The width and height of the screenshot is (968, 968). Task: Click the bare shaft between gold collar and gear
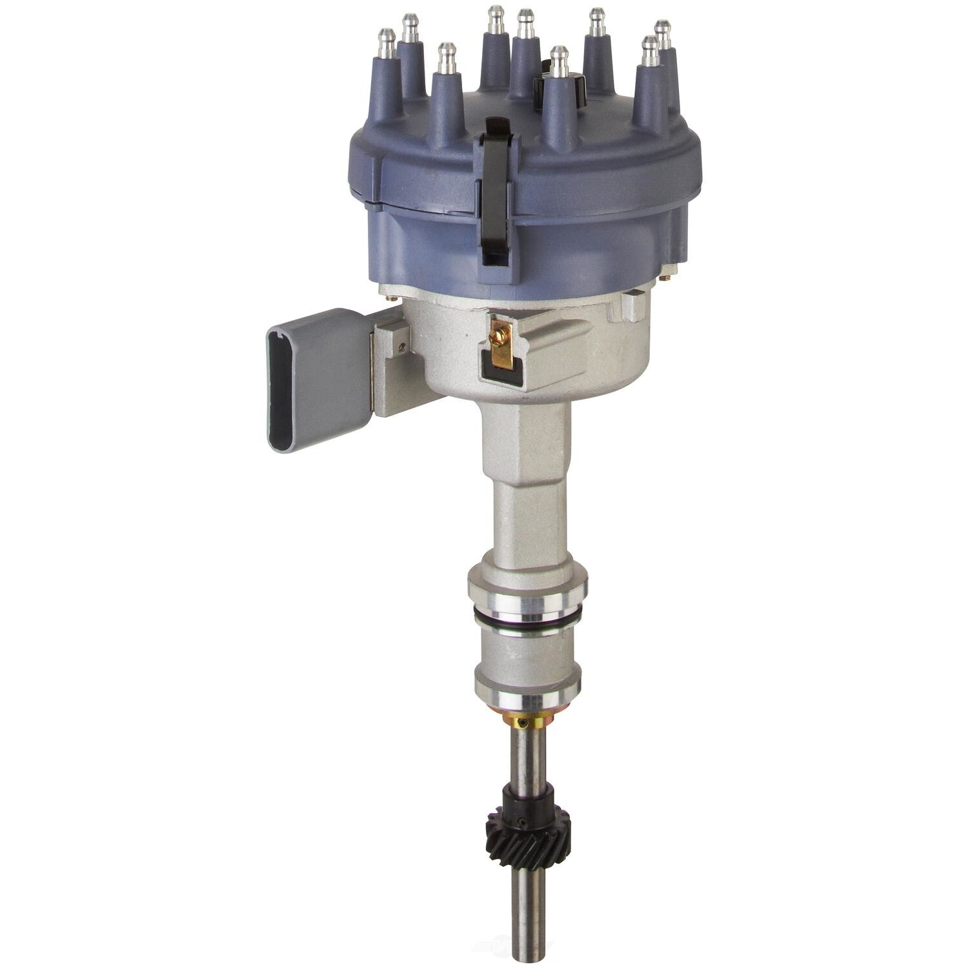[529, 761]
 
